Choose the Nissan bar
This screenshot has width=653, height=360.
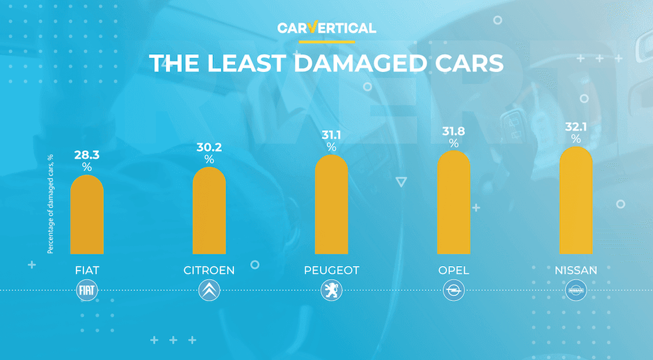[x=576, y=201]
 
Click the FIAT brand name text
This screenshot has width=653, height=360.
[x=87, y=271]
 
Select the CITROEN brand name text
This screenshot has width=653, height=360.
[x=209, y=271]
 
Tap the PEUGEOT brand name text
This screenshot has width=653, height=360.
[x=331, y=271]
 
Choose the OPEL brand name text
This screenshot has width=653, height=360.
[x=453, y=271]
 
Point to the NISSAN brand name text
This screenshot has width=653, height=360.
[x=576, y=271]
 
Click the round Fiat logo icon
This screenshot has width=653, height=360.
[x=87, y=291]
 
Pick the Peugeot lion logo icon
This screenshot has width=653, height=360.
[x=331, y=291]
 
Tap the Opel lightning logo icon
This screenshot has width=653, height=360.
[x=453, y=291]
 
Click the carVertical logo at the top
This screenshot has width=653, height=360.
[x=326, y=28]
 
